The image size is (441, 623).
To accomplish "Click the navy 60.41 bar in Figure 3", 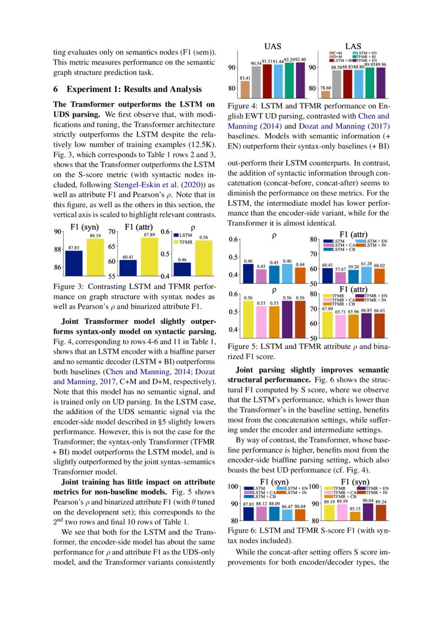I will tap(128, 268).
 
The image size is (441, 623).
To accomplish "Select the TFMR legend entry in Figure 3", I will tap(183, 241).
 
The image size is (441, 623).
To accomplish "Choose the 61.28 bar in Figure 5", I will tap(365, 275).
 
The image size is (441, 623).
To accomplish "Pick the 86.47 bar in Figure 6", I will tap(287, 515).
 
